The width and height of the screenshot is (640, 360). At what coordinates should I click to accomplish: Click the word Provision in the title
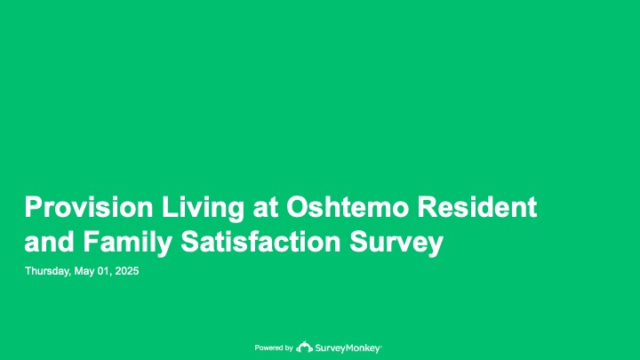click(89, 207)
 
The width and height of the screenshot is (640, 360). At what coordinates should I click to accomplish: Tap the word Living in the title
click(203, 209)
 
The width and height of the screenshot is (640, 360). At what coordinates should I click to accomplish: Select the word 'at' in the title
click(265, 208)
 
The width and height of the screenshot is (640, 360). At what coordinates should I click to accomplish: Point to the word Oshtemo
click(348, 207)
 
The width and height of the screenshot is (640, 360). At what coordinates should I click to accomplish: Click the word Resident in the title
click(476, 207)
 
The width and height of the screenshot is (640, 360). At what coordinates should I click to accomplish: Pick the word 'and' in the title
click(49, 241)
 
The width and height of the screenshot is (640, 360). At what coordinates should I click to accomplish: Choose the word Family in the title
click(127, 244)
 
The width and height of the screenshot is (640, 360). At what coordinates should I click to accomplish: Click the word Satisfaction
click(260, 241)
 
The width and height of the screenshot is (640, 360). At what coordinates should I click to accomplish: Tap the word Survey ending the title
click(396, 244)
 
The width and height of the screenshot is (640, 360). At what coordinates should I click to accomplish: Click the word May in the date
click(84, 271)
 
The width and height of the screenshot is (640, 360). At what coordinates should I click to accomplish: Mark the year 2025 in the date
click(127, 271)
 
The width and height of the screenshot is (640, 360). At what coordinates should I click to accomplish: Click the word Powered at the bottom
click(268, 348)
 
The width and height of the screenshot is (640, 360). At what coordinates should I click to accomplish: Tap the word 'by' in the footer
click(288, 348)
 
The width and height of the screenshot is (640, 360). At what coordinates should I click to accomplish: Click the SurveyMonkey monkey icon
click(304, 347)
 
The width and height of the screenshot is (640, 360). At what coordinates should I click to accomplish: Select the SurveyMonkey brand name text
click(348, 348)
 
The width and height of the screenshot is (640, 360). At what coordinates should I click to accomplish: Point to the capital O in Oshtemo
click(298, 207)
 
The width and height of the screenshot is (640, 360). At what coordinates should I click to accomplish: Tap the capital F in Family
click(91, 241)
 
